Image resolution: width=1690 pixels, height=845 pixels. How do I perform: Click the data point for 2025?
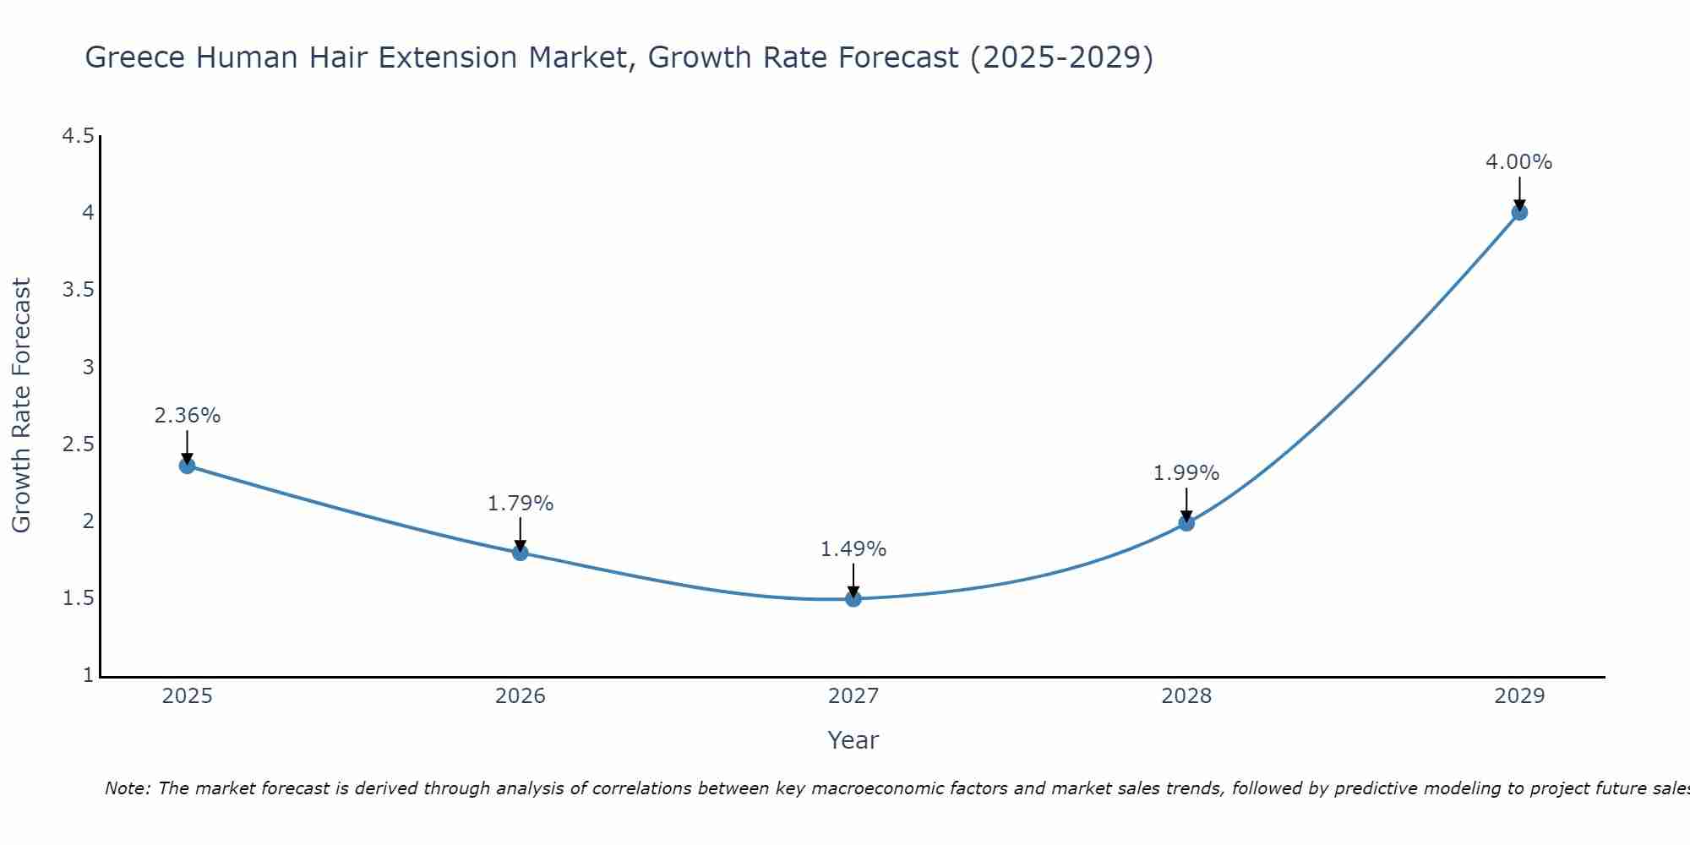188,466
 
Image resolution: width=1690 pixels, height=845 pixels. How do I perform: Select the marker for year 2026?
521,553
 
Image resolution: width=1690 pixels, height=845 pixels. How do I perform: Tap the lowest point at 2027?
853,599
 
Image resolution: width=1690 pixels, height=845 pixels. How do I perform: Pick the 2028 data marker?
1186,523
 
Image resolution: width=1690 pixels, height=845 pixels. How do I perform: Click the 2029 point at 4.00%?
1519,212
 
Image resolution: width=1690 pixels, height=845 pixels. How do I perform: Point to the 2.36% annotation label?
188,416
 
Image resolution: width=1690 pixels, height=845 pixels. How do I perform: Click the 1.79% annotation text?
521,504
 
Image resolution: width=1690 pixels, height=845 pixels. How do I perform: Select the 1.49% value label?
853,549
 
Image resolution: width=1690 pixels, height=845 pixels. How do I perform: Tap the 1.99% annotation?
1186,473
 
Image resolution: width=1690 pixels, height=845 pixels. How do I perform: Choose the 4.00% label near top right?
1519,162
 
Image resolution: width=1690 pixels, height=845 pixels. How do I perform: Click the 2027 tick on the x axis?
853,696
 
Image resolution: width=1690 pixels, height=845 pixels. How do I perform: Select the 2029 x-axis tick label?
1519,696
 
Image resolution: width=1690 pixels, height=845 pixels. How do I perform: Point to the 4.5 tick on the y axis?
79,136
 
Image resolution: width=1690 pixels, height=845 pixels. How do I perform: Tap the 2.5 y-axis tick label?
79,444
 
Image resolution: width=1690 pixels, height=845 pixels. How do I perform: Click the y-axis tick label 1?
88,675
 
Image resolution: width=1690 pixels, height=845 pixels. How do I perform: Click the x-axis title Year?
853,740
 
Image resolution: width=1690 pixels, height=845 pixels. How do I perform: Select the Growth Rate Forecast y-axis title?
21,406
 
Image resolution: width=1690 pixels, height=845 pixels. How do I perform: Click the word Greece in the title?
136,57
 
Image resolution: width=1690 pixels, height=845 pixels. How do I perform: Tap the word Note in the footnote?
127,788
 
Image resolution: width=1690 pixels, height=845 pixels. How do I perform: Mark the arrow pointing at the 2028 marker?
1186,504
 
